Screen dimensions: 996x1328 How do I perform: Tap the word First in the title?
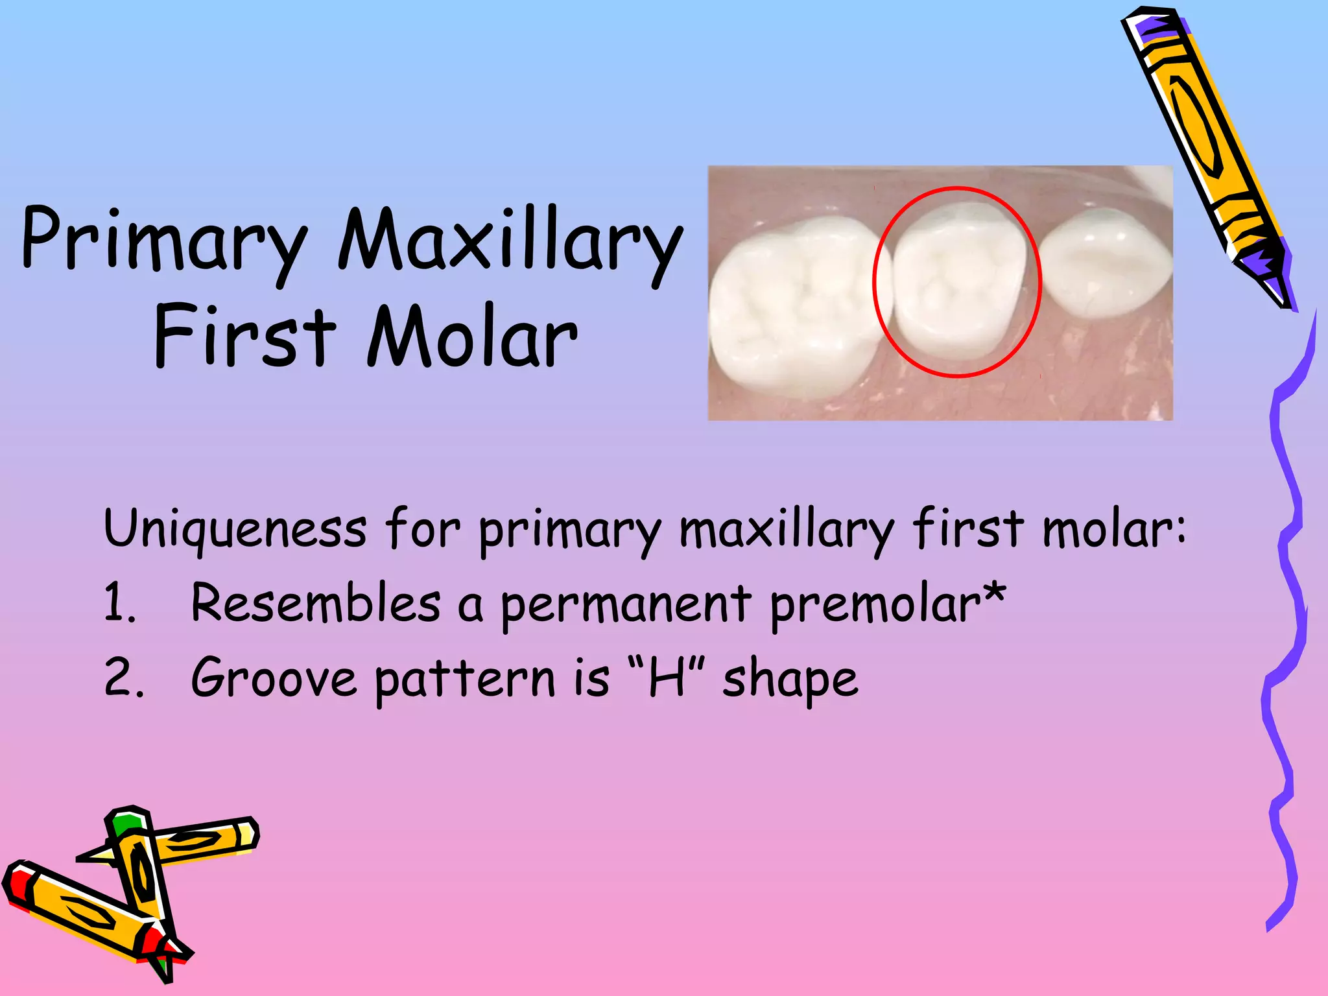tap(245, 337)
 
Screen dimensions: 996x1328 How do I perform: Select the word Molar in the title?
tap(472, 337)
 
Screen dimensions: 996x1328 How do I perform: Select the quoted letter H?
tap(668, 677)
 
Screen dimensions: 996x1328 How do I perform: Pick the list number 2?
tap(123, 678)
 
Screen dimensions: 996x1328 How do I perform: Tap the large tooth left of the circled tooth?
tap(794, 305)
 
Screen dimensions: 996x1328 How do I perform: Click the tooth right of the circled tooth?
tap(1106, 263)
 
